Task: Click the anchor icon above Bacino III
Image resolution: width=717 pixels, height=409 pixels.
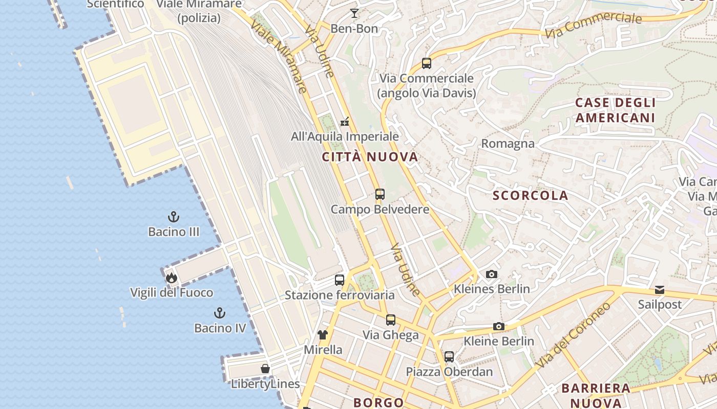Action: [174, 217]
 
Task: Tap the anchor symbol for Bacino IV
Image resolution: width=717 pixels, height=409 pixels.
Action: [220, 313]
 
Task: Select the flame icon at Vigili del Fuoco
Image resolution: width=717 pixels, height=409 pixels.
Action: [171, 278]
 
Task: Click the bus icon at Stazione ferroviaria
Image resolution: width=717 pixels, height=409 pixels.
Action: [340, 280]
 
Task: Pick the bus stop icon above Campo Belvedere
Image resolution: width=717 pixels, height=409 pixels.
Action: [379, 194]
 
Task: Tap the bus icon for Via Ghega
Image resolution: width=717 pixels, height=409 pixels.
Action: [391, 320]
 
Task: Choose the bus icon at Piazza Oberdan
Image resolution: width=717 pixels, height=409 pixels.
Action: [449, 356]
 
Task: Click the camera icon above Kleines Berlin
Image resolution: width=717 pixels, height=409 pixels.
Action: [491, 275]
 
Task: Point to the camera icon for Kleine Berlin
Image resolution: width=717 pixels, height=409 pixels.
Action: [498, 326]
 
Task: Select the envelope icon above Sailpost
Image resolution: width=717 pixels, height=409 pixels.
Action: [660, 290]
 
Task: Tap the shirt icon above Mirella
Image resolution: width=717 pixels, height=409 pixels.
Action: [322, 335]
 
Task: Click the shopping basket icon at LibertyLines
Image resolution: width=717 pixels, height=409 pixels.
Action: [265, 369]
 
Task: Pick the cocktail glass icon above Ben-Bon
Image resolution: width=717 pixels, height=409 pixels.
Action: [354, 13]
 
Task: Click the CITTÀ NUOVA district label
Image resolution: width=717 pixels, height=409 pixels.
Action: [370, 157]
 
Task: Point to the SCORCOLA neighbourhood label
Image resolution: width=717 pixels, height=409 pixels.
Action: [531, 195]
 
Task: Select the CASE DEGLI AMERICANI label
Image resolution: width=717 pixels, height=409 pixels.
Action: [615, 110]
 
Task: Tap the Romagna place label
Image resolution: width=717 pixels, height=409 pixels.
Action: [508, 144]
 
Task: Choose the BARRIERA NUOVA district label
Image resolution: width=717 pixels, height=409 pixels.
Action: [596, 395]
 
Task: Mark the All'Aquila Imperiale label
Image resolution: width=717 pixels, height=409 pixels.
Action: [345, 137]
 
